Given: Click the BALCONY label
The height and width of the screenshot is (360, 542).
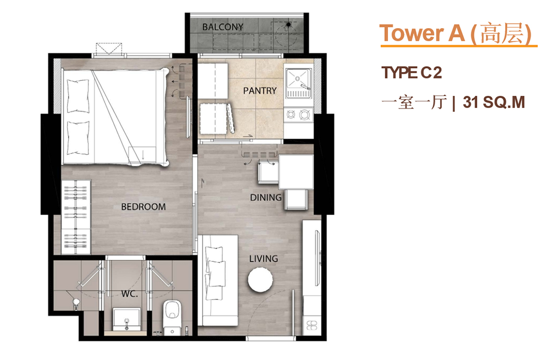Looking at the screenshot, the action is pyautogui.click(x=223, y=27).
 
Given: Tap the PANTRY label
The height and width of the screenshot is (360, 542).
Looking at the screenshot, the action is pyautogui.click(x=260, y=91).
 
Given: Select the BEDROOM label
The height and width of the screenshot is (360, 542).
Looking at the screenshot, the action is pyautogui.click(x=143, y=207).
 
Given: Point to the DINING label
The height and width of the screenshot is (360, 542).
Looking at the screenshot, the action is pyautogui.click(x=266, y=197).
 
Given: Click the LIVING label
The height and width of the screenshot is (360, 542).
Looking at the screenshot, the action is pyautogui.click(x=264, y=258).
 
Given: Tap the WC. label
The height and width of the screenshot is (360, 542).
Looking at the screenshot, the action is pyautogui.click(x=130, y=294).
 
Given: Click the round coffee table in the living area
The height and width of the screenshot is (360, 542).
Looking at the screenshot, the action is pyautogui.click(x=260, y=280).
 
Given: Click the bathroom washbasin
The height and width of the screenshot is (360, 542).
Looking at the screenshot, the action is pyautogui.click(x=127, y=319).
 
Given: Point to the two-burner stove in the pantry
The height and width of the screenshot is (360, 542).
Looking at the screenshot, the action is pyautogui.click(x=298, y=114).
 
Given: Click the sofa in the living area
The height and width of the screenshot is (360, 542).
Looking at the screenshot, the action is pyautogui.click(x=218, y=281).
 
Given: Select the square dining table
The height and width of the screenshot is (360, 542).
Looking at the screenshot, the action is pyautogui.click(x=296, y=172).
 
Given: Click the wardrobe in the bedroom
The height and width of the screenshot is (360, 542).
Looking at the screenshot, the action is pyautogui.click(x=76, y=217).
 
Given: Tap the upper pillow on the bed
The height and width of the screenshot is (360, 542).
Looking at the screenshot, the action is pyautogui.click(x=78, y=96).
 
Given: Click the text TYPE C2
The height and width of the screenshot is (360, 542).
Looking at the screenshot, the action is pyautogui.click(x=411, y=72).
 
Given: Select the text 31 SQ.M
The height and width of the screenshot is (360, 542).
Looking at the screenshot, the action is pyautogui.click(x=494, y=103).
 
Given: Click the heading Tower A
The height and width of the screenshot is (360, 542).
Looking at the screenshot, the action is pyautogui.click(x=422, y=33).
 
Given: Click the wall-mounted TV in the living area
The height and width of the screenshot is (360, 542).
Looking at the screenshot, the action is pyautogui.click(x=317, y=258).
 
